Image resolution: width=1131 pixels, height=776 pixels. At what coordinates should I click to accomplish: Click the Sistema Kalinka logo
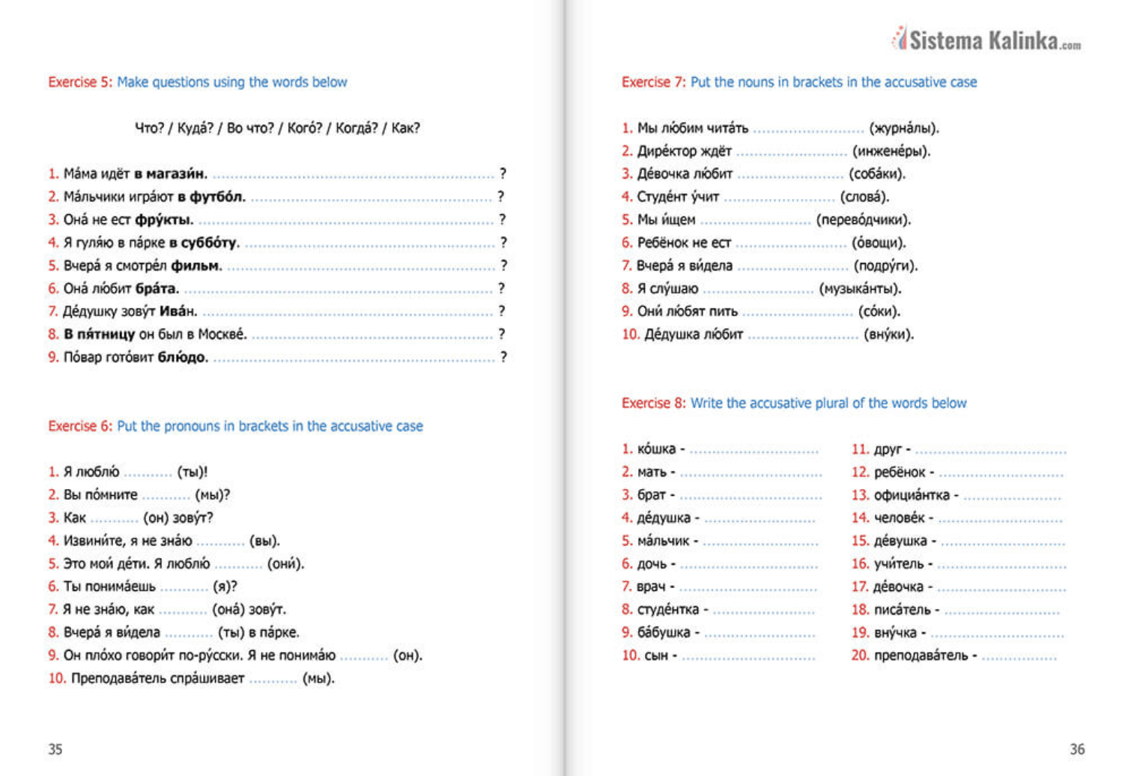click(986, 39)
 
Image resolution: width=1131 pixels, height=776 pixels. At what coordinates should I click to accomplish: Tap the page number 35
click(55, 749)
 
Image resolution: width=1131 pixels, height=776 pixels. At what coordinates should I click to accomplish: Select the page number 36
click(1077, 749)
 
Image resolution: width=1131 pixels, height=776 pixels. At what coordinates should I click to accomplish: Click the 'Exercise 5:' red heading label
click(80, 82)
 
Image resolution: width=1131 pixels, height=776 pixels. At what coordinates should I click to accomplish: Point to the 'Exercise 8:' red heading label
click(653, 404)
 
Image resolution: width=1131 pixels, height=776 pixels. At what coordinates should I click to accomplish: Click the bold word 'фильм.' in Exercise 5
click(196, 266)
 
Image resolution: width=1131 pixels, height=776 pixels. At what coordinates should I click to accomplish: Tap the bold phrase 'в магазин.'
click(171, 174)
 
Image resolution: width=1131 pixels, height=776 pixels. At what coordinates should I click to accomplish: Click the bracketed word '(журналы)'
click(903, 128)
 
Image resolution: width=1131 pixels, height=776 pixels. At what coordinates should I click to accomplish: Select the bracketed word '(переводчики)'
click(864, 220)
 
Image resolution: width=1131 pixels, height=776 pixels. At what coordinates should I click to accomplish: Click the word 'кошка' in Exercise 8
click(656, 449)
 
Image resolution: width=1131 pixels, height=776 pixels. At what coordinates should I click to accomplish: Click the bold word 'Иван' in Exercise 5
click(178, 312)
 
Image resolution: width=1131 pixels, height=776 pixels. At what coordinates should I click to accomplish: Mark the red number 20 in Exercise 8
click(860, 656)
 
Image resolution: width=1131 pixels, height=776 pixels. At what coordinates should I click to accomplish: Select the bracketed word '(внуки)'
click(888, 335)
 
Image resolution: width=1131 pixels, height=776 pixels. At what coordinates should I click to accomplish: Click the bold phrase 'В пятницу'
click(100, 335)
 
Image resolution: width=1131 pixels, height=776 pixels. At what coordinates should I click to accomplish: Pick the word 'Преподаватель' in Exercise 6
click(157, 679)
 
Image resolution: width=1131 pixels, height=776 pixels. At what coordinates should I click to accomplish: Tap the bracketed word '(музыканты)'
click(860, 289)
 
